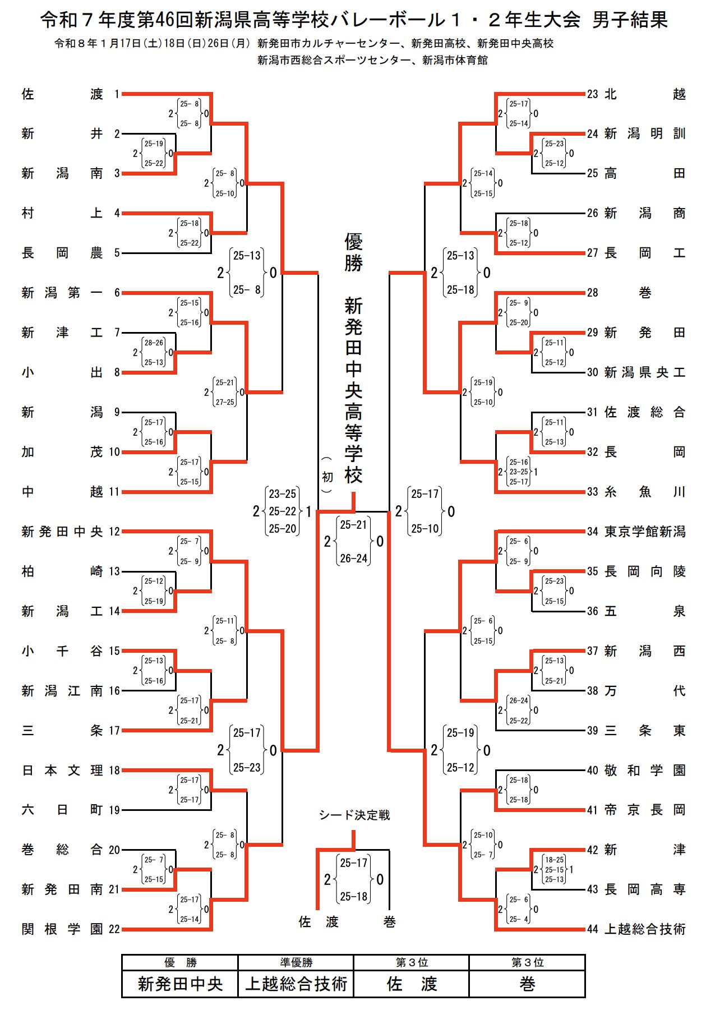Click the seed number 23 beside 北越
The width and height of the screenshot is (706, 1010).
click(x=593, y=94)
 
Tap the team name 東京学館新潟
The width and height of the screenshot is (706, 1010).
click(x=645, y=532)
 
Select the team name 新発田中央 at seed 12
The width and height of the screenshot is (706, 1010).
click(x=62, y=532)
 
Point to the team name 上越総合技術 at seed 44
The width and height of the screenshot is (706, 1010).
click(x=645, y=929)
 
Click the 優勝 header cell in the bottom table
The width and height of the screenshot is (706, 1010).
click(x=180, y=962)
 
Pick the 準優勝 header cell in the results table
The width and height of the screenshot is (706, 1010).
click(x=296, y=962)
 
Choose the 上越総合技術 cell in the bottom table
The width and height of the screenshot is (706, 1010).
click(x=296, y=984)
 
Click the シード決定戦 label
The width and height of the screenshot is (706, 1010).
click(x=354, y=815)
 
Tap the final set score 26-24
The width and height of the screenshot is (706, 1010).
click(x=354, y=559)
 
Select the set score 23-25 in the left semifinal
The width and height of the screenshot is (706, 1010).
click(x=283, y=494)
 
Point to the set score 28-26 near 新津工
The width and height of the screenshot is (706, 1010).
click(x=154, y=343)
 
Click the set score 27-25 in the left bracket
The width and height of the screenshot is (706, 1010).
click(x=225, y=402)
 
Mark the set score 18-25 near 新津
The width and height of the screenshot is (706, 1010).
click(x=555, y=860)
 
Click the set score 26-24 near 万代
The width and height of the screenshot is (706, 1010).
click(x=519, y=700)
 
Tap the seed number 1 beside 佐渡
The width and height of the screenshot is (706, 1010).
click(x=117, y=94)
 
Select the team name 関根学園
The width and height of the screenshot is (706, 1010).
click(x=62, y=929)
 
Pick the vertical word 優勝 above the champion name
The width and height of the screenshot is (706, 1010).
click(x=354, y=252)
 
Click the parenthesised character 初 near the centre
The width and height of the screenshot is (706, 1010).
click(x=327, y=477)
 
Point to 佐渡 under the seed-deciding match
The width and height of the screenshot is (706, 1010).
click(x=319, y=921)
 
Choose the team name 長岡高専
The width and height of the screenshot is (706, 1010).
click(x=645, y=889)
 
